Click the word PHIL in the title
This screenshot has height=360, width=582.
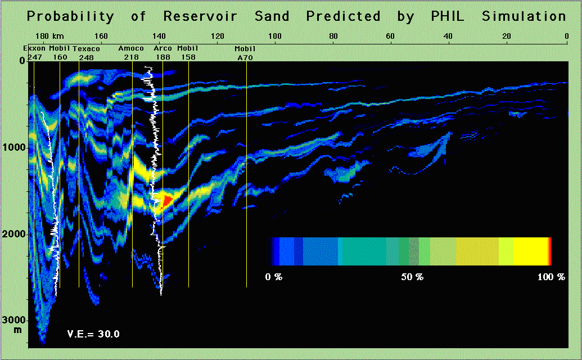click(x=447, y=16)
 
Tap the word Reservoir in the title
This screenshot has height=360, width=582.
click(x=200, y=16)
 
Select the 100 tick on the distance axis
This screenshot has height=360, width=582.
click(x=274, y=36)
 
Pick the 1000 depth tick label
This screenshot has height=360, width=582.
click(x=13, y=147)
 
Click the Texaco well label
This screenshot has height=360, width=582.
click(x=86, y=48)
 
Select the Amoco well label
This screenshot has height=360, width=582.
click(x=131, y=48)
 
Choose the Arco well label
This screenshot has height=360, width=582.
click(x=163, y=48)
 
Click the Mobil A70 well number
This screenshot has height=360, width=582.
click(x=245, y=57)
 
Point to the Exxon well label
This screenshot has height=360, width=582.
click(x=34, y=48)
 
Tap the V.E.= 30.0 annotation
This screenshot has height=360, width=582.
click(x=93, y=334)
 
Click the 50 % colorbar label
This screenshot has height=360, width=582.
click(x=412, y=277)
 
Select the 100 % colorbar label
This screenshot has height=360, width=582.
click(x=551, y=277)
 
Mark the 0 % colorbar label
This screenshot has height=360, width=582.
click(x=274, y=277)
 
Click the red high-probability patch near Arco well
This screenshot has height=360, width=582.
click(x=166, y=201)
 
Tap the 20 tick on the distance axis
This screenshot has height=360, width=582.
click(x=507, y=36)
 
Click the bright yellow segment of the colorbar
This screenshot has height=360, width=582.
click(x=531, y=251)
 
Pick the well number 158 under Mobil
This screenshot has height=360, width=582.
click(x=188, y=57)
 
